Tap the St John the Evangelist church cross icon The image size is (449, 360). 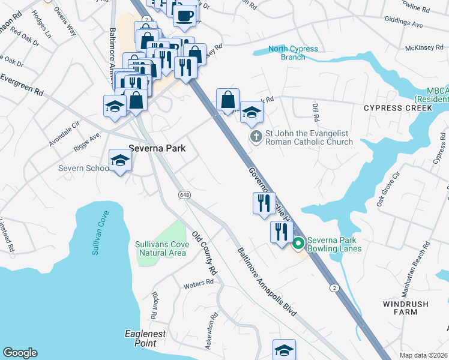256,137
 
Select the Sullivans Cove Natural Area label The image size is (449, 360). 162,248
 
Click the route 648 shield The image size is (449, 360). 183,195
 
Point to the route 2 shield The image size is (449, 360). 334,288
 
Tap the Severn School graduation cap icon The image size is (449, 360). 120,160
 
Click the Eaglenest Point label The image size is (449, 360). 140,338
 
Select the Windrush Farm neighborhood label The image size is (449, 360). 406,308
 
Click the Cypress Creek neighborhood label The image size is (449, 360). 397,108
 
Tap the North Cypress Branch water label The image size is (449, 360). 294,53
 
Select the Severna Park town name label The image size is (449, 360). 157,148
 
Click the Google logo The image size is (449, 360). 20,353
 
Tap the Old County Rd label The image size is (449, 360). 204,253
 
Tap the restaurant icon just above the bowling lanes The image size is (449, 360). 280,231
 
